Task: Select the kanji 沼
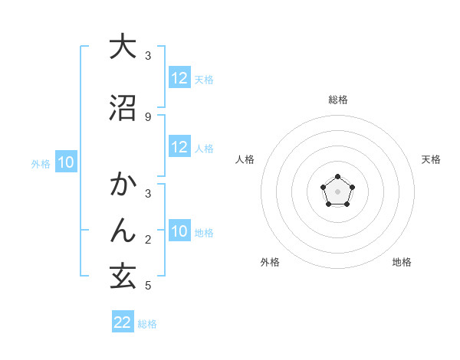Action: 123,107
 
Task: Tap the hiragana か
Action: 123,185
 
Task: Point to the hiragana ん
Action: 123,230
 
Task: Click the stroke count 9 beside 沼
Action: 148,116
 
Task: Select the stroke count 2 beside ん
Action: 148,241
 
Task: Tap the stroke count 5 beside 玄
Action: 148,286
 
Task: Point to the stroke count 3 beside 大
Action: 148,56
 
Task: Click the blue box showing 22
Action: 123,322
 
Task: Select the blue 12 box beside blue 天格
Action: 179,78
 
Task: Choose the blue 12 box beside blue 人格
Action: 179,147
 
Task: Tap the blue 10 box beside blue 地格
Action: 179,231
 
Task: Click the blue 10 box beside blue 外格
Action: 66,162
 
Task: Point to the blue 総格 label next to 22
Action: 147,324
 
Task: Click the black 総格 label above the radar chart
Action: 337,100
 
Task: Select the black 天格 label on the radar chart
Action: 431,159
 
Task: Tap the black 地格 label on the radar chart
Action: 402,262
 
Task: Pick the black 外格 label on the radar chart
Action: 270,262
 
